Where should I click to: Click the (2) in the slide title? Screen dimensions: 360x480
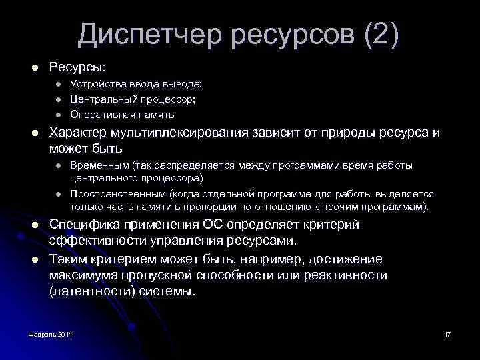(381, 35)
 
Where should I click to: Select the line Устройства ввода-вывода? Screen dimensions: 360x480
(136, 85)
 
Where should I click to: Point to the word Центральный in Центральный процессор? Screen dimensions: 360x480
(99, 99)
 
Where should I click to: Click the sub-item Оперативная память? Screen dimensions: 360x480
(123, 114)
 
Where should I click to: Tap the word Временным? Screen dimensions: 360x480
(99, 165)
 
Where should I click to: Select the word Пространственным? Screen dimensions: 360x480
(117, 194)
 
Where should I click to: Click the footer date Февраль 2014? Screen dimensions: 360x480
(51, 333)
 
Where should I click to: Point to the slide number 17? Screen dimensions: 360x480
(447, 333)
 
